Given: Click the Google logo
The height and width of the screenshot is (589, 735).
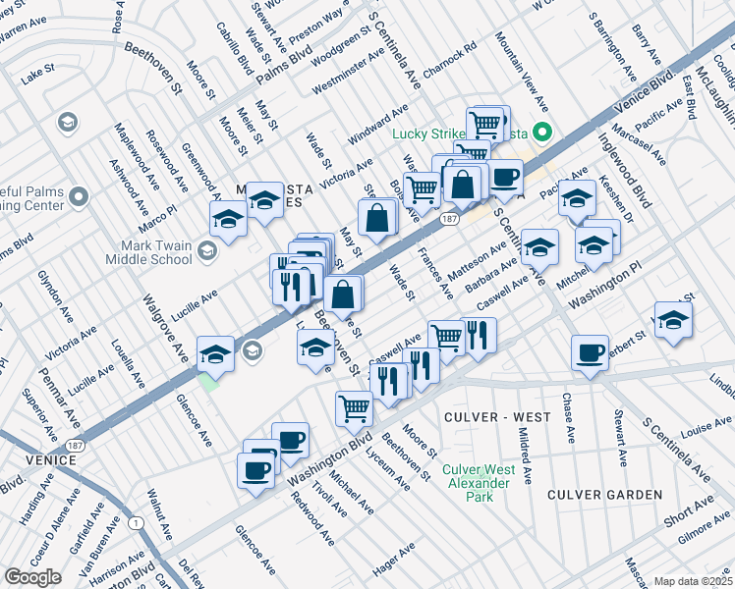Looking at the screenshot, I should [x=33, y=577].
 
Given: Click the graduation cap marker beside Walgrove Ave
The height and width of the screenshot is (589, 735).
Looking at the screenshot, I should [x=215, y=354].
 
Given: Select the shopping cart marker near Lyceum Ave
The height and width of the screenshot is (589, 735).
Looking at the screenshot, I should [x=354, y=407].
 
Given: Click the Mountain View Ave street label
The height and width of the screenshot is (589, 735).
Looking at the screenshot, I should [x=521, y=70].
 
